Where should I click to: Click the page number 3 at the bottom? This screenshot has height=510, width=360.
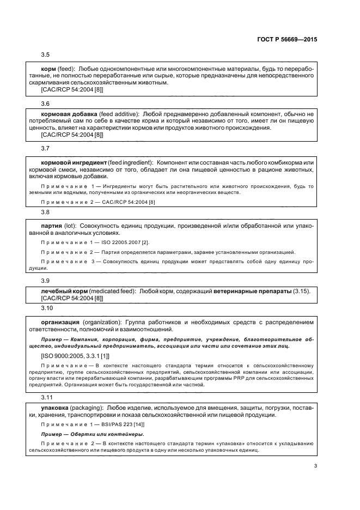coord(315,465)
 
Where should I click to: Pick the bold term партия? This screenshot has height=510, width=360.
coord(51,225)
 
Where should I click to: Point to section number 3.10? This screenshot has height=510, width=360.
coord(47,308)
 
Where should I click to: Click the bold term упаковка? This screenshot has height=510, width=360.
coord(57,407)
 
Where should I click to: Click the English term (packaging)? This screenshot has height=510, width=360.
coord(90,407)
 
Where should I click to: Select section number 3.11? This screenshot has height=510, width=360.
coord(47,397)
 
